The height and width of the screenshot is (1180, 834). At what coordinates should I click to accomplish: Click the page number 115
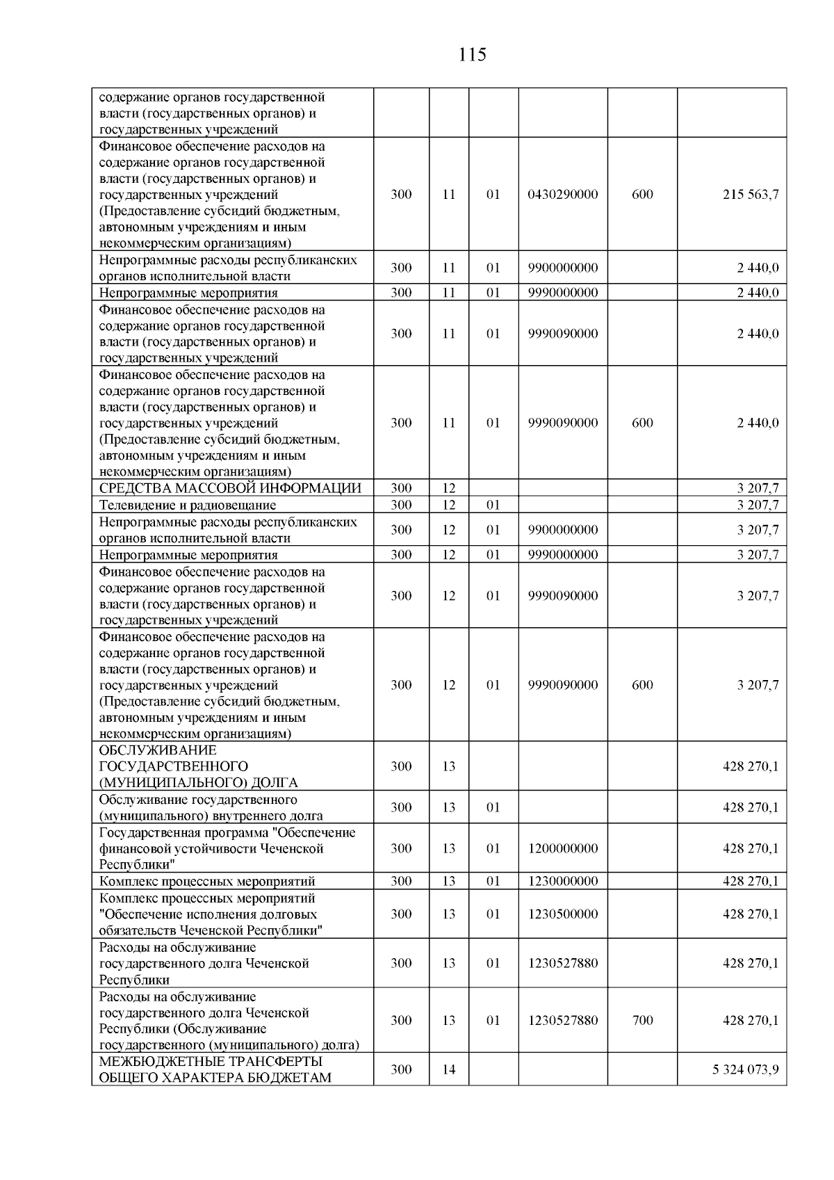pos(473,54)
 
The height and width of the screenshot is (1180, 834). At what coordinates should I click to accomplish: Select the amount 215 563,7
pos(751,194)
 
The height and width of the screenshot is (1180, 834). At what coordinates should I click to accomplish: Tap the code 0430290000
pos(563,194)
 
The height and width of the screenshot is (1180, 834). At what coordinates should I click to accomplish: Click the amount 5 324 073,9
pos(745,1069)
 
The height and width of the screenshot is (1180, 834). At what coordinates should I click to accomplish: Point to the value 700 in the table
pos(642,1020)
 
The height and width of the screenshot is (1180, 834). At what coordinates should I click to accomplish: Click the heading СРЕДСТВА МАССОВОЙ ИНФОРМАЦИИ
pos(230,488)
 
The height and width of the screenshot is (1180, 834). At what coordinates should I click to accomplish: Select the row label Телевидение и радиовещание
pos(188,505)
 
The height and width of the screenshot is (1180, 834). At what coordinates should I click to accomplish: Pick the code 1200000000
pos(563,848)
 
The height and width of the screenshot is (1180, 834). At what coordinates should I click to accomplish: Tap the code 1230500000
pos(563,914)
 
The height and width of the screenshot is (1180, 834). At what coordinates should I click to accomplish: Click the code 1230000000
pos(563,881)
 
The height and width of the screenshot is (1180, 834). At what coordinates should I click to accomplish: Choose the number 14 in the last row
pos(449,1069)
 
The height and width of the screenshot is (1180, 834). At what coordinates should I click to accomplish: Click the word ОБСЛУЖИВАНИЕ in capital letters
pos(158,750)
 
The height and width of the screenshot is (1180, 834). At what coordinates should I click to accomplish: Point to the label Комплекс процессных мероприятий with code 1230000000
pos(207,882)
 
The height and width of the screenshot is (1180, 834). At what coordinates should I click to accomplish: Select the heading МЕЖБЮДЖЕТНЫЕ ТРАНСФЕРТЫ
pos(211,1062)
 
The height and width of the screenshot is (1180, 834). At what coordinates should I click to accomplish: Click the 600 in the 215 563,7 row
pos(642,194)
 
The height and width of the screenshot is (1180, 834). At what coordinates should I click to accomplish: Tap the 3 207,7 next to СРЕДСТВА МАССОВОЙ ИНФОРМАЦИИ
pos(758,488)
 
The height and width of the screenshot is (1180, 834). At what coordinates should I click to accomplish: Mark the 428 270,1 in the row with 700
pos(751,1020)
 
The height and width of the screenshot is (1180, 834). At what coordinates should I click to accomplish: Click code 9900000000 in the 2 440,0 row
pos(563,268)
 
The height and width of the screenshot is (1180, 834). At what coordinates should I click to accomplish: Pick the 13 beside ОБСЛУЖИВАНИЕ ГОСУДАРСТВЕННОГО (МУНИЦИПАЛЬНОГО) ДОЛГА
pos(449,766)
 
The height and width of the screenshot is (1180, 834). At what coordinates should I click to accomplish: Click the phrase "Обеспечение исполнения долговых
pos(208,914)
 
